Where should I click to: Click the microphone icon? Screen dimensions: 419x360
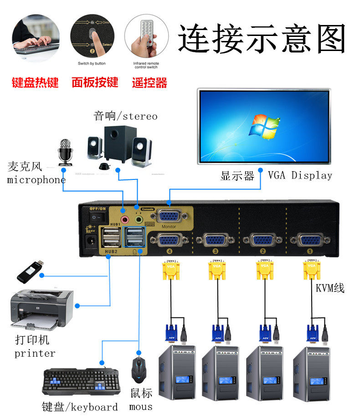(x=65, y=152)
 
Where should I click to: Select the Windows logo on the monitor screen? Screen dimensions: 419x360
(x=263, y=126)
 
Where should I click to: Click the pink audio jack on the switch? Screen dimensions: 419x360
(x=123, y=210)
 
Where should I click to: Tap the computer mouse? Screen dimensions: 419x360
(x=139, y=369)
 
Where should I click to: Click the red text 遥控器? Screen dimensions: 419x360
(x=149, y=83)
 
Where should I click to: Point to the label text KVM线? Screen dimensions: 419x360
(x=330, y=288)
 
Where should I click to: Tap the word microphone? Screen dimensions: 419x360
(x=36, y=180)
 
